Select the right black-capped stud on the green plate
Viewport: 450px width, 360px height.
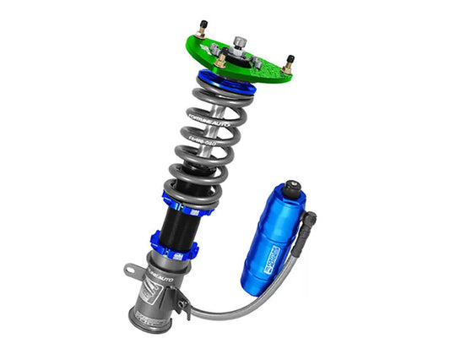290,61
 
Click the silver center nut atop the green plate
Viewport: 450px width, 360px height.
241,43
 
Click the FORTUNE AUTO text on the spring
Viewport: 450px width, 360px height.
206,119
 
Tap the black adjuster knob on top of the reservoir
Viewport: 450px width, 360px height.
292,188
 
